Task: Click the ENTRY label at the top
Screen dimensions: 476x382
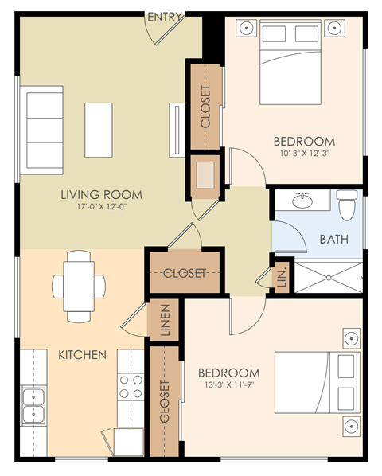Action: [166, 17]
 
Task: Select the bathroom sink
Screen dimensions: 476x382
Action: [303, 201]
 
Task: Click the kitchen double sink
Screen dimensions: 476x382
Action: [33, 404]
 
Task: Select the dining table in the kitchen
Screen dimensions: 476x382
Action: [79, 283]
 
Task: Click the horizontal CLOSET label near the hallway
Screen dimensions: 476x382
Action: [185, 273]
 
